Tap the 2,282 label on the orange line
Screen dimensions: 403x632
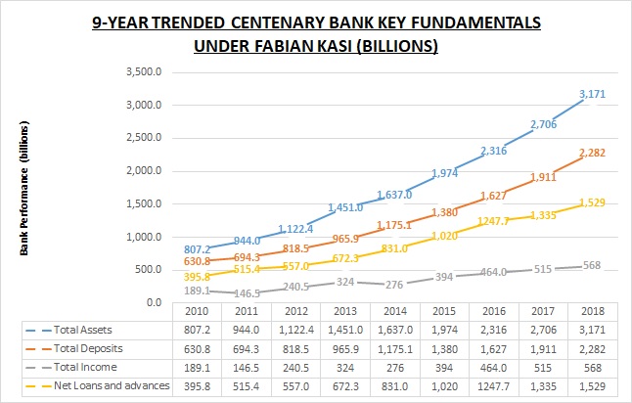click(591, 152)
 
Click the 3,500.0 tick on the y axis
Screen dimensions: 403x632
click(145, 72)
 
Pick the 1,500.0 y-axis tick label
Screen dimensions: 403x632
click(145, 203)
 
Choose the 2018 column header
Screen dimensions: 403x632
click(591, 311)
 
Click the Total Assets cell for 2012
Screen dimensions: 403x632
click(289, 330)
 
